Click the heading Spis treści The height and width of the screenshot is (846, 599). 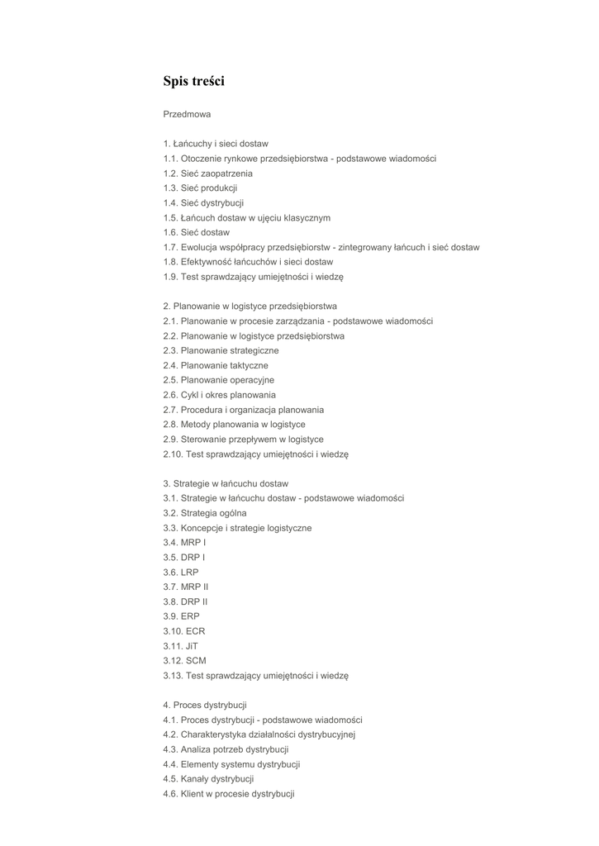click(x=193, y=81)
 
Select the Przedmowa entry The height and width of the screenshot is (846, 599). click(x=187, y=114)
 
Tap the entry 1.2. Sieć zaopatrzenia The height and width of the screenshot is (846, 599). click(x=207, y=173)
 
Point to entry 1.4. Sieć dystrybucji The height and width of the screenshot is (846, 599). click(x=203, y=203)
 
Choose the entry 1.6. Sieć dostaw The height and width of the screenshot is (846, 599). click(x=196, y=233)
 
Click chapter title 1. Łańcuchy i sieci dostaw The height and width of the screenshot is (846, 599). click(x=216, y=144)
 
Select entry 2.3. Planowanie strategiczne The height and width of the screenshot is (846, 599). click(x=221, y=351)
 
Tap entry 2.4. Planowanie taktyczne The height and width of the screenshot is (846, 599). click(x=216, y=366)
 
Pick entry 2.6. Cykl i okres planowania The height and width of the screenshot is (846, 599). click(x=219, y=395)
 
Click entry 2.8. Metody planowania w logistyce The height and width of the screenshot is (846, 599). click(x=234, y=425)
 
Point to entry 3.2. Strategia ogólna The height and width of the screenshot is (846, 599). click(x=204, y=513)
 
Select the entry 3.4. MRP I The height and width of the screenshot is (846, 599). click(x=184, y=543)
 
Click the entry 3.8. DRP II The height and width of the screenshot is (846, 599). click(x=185, y=602)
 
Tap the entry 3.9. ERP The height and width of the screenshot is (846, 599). click(x=181, y=616)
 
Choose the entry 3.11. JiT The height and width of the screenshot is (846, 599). click(x=181, y=646)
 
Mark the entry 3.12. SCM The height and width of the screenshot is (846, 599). click(x=184, y=661)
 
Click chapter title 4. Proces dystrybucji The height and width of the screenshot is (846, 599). click(x=205, y=706)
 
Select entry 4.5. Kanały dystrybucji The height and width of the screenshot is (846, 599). click(x=208, y=779)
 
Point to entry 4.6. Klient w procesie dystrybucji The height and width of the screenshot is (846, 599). click(x=229, y=794)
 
